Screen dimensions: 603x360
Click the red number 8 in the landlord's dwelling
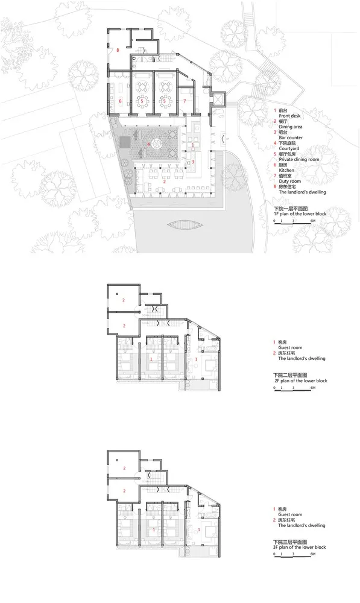118,50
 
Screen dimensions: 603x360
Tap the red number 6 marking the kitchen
121,101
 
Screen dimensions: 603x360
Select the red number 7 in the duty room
185,101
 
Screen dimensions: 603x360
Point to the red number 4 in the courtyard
149,144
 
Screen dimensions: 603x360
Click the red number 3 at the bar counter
193,162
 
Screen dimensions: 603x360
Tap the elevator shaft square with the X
218,98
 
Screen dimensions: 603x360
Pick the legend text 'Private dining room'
300,160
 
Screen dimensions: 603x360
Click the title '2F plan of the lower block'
300,381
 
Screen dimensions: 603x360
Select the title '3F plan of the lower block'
300,547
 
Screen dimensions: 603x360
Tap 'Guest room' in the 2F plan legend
291,348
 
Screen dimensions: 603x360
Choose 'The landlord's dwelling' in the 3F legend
302,526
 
